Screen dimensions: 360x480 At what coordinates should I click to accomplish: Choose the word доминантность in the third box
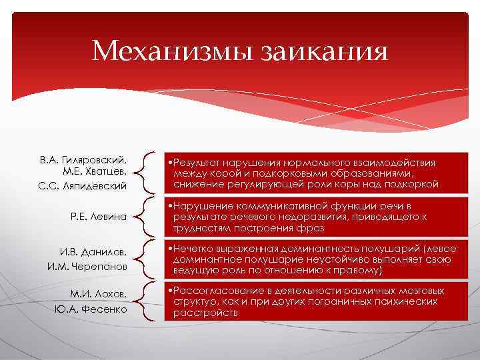[x=314, y=249]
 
